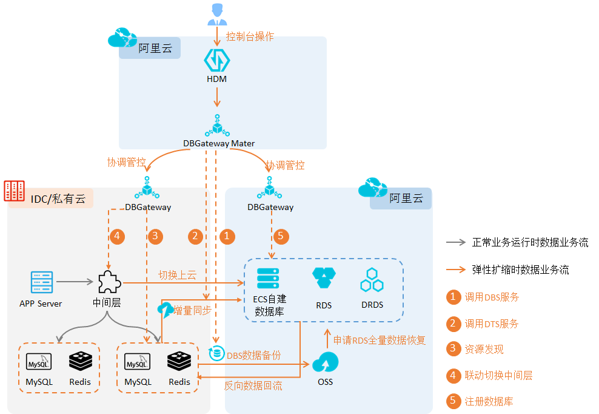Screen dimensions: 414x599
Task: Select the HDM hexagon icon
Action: (x=217, y=60)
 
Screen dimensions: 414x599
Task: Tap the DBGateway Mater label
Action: (x=219, y=144)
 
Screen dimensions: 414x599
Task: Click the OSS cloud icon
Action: (x=325, y=363)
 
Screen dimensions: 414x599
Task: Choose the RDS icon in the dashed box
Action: (x=324, y=279)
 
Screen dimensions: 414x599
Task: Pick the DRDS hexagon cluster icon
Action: (x=372, y=280)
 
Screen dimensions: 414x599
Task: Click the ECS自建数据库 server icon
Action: (x=267, y=279)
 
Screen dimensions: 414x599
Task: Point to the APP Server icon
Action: (x=42, y=282)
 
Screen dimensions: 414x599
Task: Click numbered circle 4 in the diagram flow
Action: (x=117, y=236)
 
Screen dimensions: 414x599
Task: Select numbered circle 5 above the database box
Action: (x=279, y=236)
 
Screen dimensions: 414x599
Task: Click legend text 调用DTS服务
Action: (x=491, y=324)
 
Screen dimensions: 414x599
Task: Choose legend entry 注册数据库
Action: (x=490, y=401)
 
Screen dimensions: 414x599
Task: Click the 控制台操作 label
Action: (x=250, y=36)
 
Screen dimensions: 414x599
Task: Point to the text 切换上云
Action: (x=177, y=275)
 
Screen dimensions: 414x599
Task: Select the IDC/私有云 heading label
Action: (x=58, y=199)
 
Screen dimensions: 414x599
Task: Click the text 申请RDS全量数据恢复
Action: (x=380, y=340)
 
